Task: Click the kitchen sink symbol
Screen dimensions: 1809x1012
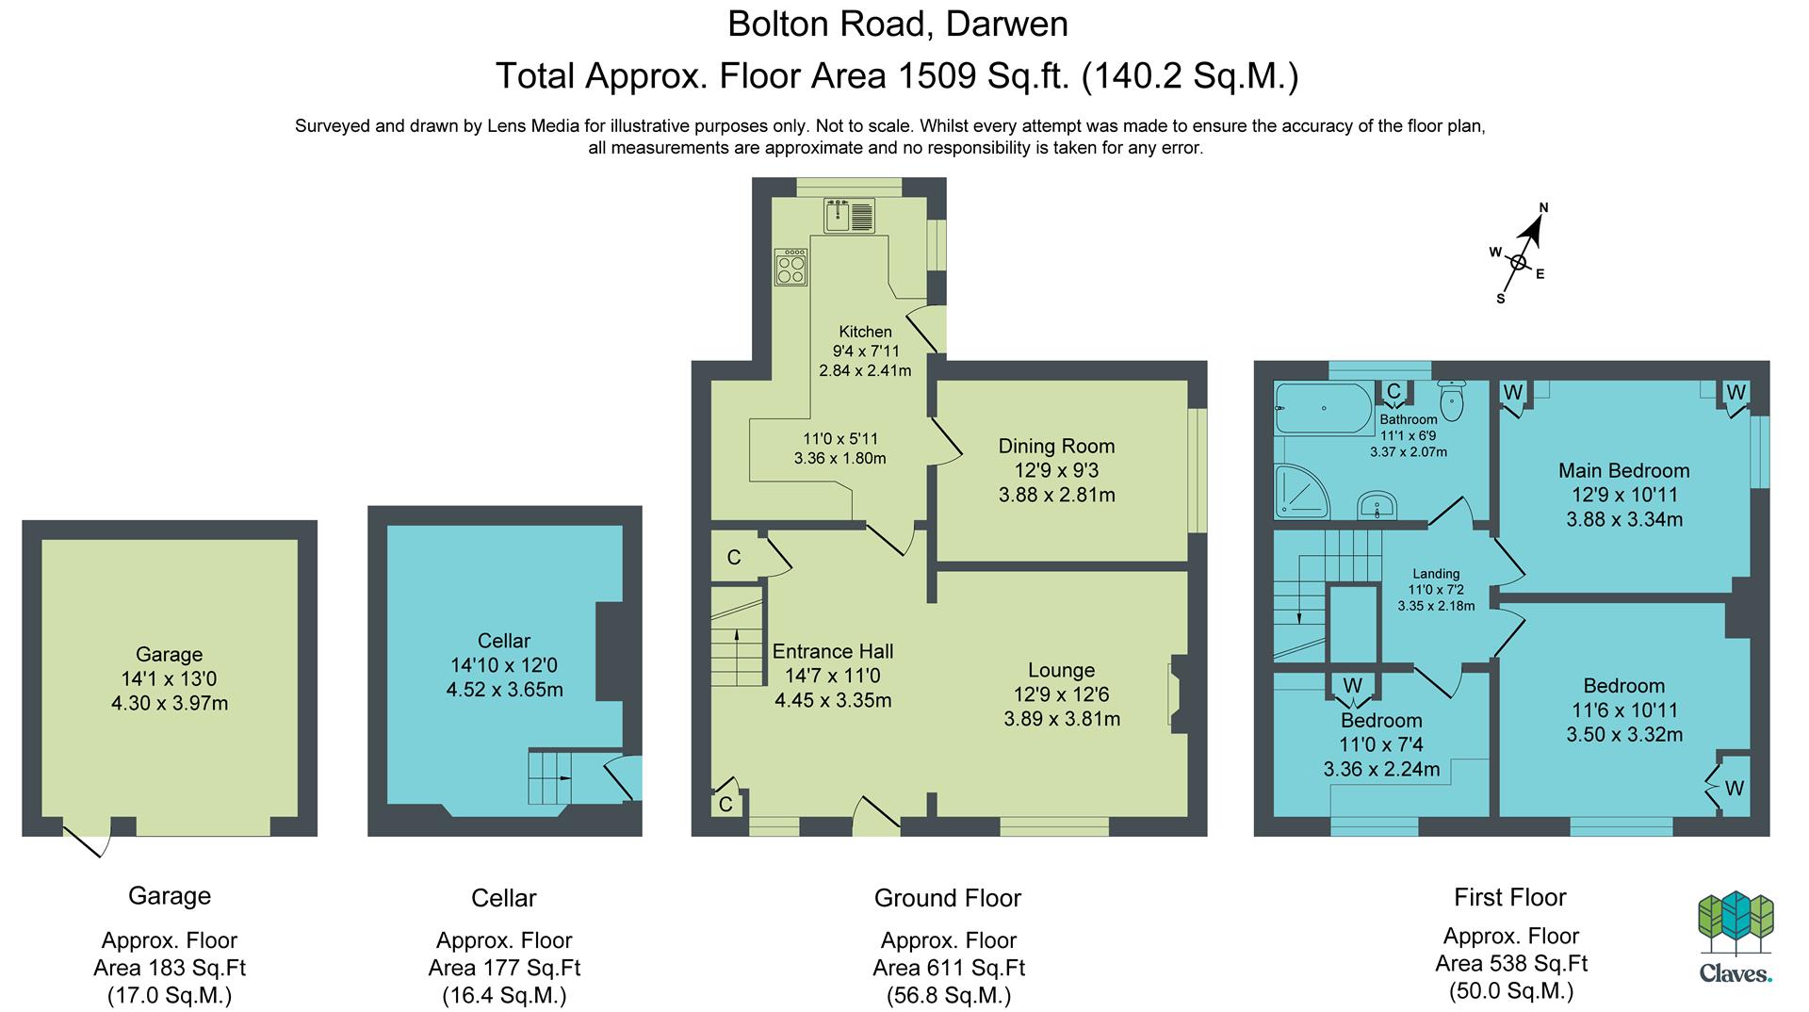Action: coord(849,215)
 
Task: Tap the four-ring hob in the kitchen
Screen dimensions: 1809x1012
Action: coord(790,267)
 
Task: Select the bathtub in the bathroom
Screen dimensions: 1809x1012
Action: coord(1323,408)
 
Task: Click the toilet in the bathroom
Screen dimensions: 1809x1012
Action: coord(1451,400)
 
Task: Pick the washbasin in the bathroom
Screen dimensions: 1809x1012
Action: coord(1377,506)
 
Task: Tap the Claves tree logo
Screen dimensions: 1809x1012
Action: coord(1736,924)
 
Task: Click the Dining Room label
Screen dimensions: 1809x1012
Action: coord(1056,446)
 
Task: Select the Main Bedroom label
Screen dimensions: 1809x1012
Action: coord(1624,470)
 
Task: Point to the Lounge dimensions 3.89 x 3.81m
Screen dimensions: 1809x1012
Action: coord(1062,719)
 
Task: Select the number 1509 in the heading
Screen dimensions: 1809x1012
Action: coord(937,75)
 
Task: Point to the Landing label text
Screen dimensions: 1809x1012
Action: coord(1436,573)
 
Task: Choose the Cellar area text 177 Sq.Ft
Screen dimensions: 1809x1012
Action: coord(504,968)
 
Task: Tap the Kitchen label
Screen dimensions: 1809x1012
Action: coord(865,332)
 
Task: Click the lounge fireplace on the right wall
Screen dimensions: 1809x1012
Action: coord(1178,694)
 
